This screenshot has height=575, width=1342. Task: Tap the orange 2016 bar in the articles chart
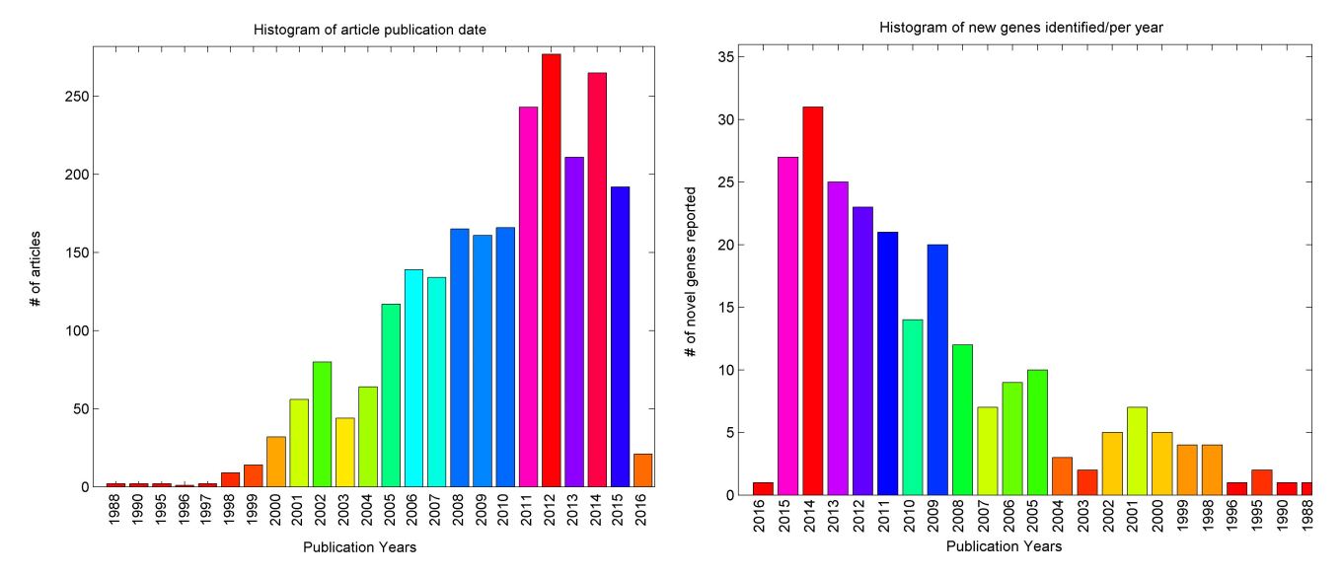(642, 470)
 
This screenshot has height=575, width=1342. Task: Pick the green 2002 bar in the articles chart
(322, 424)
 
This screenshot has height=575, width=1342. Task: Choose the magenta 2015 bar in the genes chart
(787, 325)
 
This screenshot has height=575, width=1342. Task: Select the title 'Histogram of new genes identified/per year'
(1021, 28)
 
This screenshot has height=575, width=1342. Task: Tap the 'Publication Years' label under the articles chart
(359, 548)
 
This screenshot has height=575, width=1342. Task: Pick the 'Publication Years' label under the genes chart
(1004, 546)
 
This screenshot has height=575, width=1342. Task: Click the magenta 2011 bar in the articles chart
(528, 297)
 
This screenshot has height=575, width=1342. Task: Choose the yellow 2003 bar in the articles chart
(344, 453)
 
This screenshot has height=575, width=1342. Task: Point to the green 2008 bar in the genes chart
(962, 419)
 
